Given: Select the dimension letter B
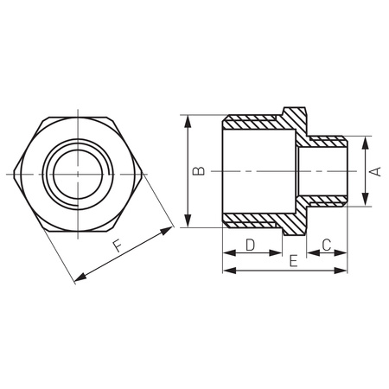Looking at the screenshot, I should pyautogui.click(x=198, y=171).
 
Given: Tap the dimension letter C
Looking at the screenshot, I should pyautogui.click(x=327, y=245).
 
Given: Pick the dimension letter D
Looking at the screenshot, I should pyautogui.click(x=250, y=245).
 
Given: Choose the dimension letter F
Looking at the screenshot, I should pyautogui.click(x=117, y=246).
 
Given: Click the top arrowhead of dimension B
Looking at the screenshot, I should pyautogui.click(x=188, y=120).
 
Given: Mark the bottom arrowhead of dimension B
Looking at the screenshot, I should pyautogui.click(x=188, y=222).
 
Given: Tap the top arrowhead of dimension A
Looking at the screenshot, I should pyautogui.click(x=365, y=141).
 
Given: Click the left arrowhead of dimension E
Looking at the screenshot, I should pyautogui.click(x=228, y=271).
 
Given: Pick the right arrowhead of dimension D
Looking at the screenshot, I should pyautogui.click(x=278, y=253).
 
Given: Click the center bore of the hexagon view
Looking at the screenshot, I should pyautogui.click(x=76, y=172).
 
